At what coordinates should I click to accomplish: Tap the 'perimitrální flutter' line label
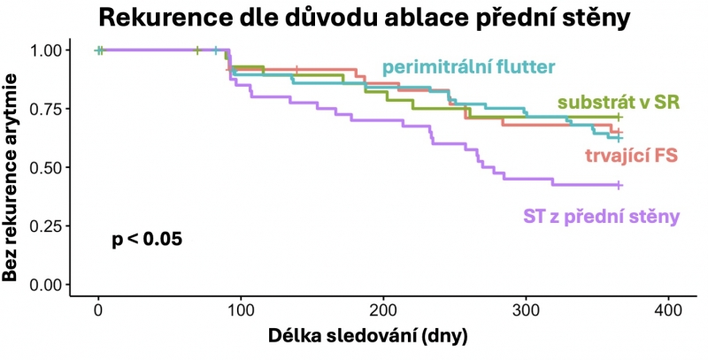468,66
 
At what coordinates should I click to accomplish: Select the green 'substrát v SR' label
618,102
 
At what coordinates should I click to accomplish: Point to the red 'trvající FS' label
631,157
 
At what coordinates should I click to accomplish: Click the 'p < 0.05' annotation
147,239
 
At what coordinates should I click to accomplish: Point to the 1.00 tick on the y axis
48,50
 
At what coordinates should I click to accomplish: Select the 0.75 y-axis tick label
48,109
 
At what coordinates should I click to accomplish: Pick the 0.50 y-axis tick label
48,167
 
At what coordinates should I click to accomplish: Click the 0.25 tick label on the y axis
48,226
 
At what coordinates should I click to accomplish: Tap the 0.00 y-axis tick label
48,285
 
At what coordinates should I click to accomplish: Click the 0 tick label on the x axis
98,310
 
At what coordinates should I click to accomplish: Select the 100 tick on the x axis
241,310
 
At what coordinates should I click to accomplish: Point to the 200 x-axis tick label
383,310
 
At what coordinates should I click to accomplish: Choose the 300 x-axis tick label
526,310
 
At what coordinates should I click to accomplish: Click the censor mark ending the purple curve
619,185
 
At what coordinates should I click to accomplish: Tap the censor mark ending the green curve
619,117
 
